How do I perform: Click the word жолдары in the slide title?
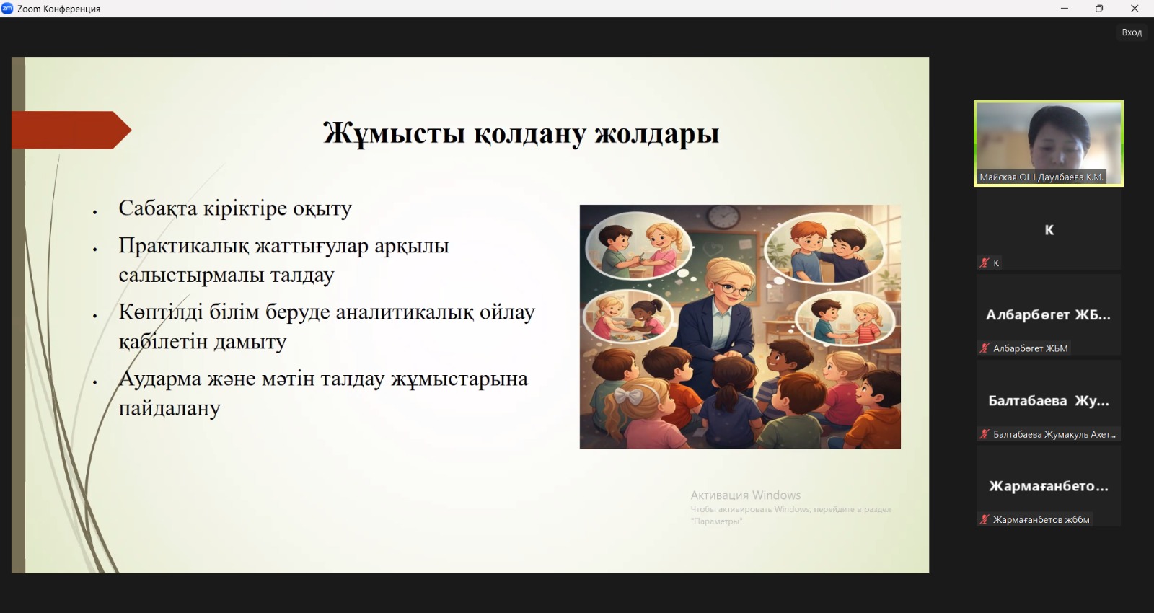point(657,133)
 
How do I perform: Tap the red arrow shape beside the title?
point(71,130)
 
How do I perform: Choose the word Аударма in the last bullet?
point(159,379)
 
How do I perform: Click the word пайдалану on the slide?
point(169,408)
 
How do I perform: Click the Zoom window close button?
point(1135,9)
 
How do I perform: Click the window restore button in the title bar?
point(1099,9)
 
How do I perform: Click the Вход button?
point(1132,32)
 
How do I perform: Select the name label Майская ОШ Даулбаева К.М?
point(1041,177)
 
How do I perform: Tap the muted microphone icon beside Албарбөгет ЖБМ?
point(984,348)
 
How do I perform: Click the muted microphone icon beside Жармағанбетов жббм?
point(984,520)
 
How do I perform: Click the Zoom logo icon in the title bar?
point(7,8)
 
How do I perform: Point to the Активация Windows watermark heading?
point(746,495)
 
